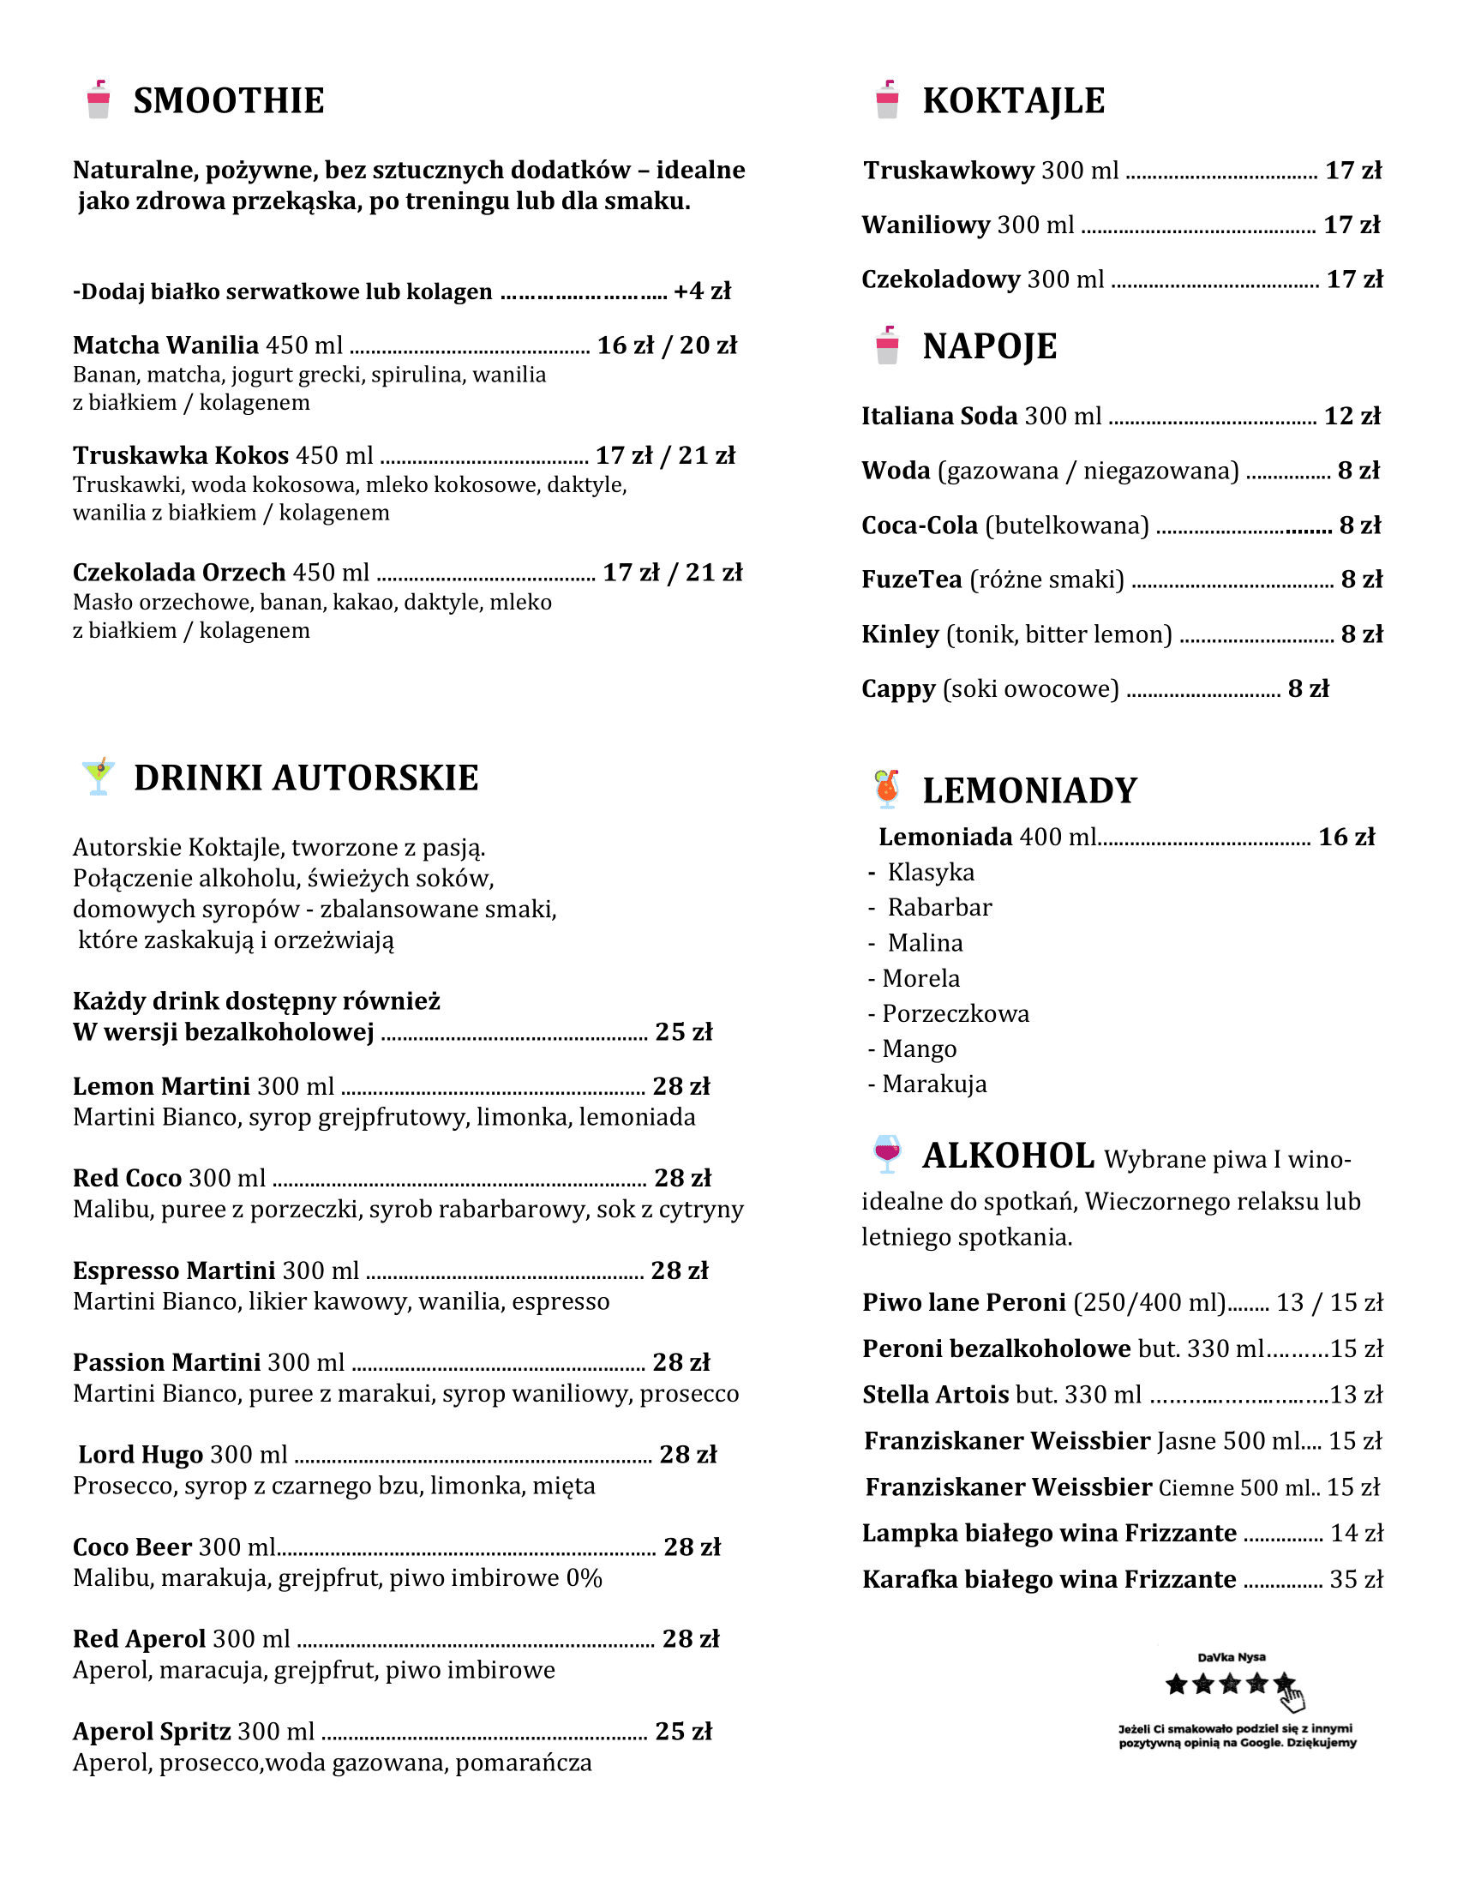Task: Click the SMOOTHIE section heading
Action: pyautogui.click(x=228, y=100)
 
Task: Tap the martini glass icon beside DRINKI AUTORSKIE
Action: pyautogui.click(x=99, y=777)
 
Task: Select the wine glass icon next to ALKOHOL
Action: pyautogui.click(x=886, y=1154)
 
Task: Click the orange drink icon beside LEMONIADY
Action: pyautogui.click(x=886, y=789)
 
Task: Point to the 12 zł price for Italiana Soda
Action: pyautogui.click(x=1352, y=417)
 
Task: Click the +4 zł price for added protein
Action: pyautogui.click(x=702, y=291)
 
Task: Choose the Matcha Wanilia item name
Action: pyautogui.click(x=165, y=345)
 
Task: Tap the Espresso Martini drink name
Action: pyautogui.click(x=173, y=1270)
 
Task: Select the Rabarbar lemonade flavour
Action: pyautogui.click(x=939, y=908)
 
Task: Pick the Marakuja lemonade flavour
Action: pyautogui.click(x=934, y=1084)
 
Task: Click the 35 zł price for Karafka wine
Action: pyautogui.click(x=1356, y=1579)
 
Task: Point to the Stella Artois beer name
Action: pyautogui.click(x=936, y=1395)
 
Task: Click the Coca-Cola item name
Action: pyautogui.click(x=920, y=525)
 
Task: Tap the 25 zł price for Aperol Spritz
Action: pyautogui.click(x=684, y=1732)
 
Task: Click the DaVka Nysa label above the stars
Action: pyautogui.click(x=1231, y=1657)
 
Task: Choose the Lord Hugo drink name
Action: pyautogui.click(x=141, y=1455)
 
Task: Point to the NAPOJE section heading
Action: pyautogui.click(x=989, y=346)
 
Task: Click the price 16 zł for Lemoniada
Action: pyautogui.click(x=1346, y=837)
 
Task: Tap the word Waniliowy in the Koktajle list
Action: pyautogui.click(x=926, y=225)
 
